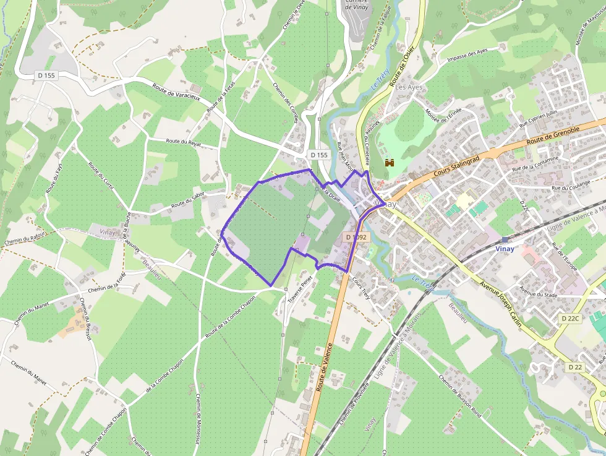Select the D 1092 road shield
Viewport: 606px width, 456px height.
pos(356,237)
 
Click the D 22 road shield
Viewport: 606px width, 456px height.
pos(575,367)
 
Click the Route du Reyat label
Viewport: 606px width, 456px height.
pos(184,142)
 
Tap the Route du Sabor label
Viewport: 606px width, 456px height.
pos(188,200)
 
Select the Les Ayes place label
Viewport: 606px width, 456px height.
pos(409,87)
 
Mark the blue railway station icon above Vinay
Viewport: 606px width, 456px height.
pos(506,239)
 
